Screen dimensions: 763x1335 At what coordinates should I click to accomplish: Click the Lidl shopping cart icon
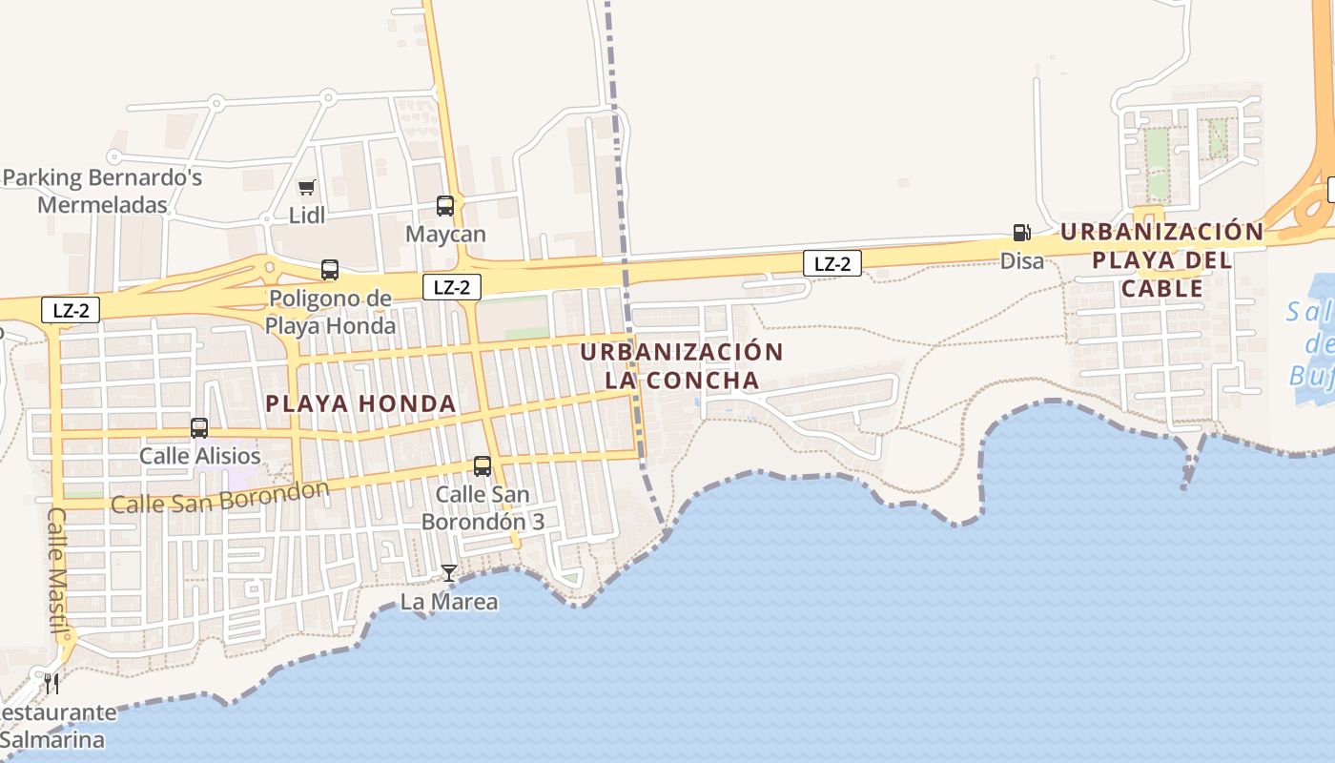(306, 188)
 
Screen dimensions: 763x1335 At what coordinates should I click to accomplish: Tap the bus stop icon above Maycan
(445, 205)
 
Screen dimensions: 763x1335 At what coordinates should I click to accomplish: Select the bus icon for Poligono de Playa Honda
(330, 270)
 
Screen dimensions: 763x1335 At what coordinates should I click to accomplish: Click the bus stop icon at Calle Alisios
(199, 428)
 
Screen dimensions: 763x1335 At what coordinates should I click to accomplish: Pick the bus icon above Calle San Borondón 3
(483, 466)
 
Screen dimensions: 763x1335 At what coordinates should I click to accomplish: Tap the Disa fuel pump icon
(1021, 233)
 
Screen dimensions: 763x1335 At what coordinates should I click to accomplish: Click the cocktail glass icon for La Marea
(448, 572)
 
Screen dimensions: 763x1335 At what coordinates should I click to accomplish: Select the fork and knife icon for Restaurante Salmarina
(51, 683)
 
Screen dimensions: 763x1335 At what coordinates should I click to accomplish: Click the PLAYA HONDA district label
(361, 403)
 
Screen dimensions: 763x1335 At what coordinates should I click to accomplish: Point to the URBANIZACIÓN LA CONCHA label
(682, 366)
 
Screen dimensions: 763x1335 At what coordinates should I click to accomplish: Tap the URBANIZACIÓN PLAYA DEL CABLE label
(1162, 259)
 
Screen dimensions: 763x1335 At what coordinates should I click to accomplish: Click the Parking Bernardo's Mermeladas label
(102, 191)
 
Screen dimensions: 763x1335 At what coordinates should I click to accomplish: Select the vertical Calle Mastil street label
(58, 570)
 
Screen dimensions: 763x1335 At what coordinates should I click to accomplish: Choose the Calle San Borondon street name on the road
(220, 497)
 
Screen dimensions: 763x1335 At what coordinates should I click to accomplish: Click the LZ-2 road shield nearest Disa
(832, 264)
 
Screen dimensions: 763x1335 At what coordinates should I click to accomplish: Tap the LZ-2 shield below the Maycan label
(452, 287)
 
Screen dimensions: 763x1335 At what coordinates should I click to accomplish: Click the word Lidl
(307, 216)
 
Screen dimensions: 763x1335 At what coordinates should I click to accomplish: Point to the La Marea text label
(448, 602)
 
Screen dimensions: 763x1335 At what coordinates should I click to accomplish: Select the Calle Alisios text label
(199, 456)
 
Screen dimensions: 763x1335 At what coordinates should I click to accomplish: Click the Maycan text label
(445, 234)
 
